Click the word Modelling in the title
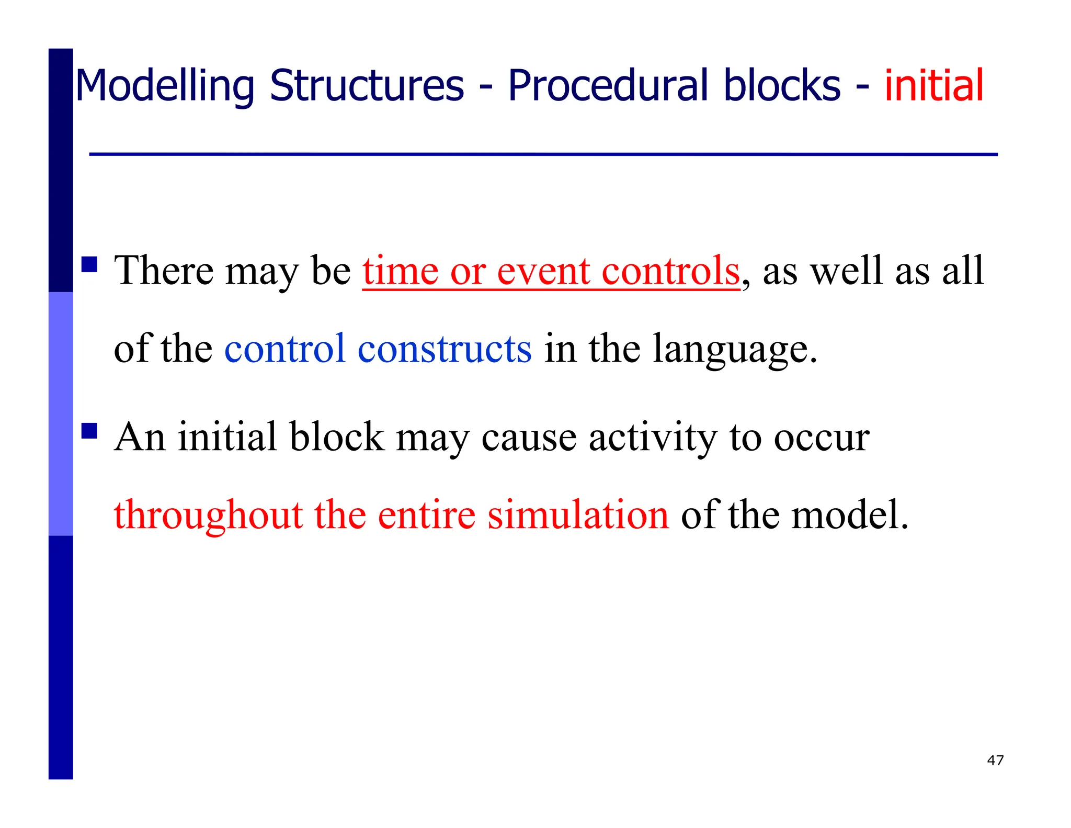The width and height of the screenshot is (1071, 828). pos(165,86)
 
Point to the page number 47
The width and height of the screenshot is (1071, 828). pos(995,760)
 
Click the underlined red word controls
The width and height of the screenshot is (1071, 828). pos(670,271)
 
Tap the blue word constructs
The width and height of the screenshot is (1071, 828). pos(445,349)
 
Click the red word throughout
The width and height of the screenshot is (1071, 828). pos(208,516)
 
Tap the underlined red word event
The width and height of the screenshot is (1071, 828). pos(543,271)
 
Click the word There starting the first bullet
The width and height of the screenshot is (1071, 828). pos(164,271)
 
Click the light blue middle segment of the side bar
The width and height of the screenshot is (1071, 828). pos(61,413)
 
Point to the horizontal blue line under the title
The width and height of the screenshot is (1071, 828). pos(543,154)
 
